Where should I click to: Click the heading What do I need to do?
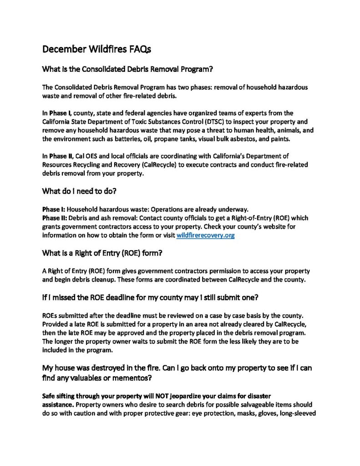79,192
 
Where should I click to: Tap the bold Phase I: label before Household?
54,209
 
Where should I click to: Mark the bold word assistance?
56,404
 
